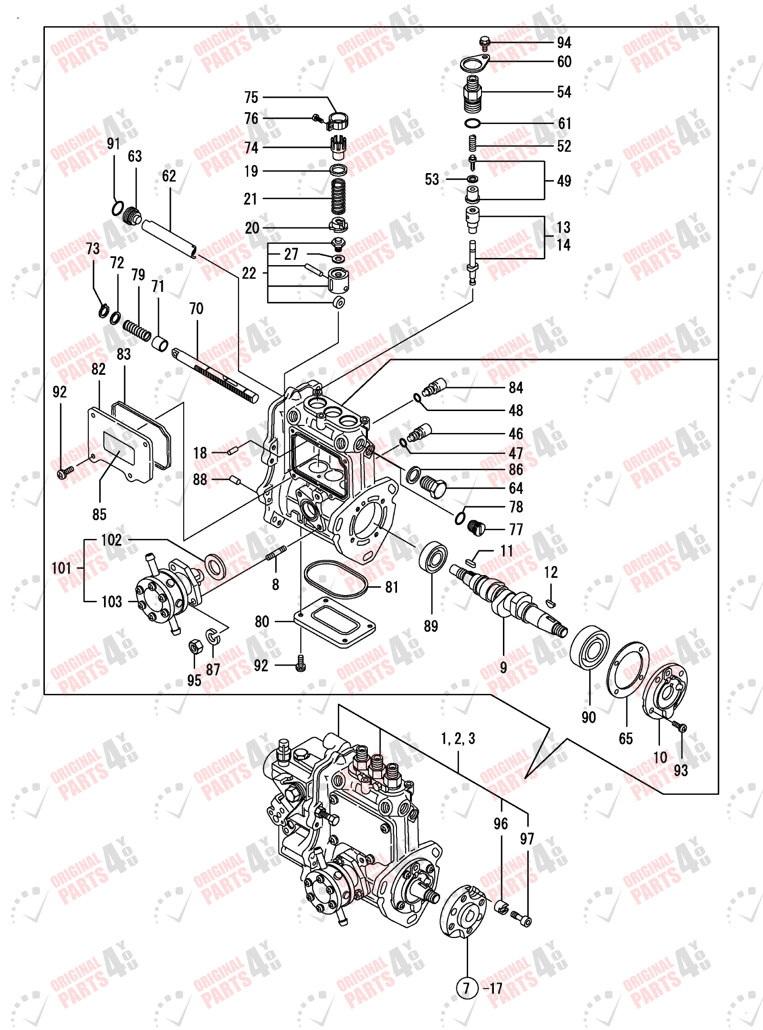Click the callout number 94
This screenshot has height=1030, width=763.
pyautogui.click(x=564, y=43)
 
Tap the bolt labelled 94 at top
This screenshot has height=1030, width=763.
pyautogui.click(x=484, y=43)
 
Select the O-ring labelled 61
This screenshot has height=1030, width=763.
pyautogui.click(x=472, y=124)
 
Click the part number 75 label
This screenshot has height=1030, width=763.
pyautogui.click(x=251, y=98)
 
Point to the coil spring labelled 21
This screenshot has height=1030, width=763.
pyautogui.click(x=338, y=197)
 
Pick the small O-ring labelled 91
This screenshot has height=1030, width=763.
pyautogui.click(x=117, y=208)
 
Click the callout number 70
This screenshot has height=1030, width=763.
pyautogui.click(x=196, y=309)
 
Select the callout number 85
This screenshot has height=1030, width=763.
pyautogui.click(x=99, y=515)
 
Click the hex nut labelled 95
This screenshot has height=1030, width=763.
pyautogui.click(x=195, y=647)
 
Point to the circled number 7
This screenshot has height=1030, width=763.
pyautogui.click(x=467, y=988)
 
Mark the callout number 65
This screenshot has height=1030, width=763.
pyautogui.click(x=626, y=739)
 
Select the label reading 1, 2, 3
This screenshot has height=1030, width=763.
pyautogui.click(x=458, y=739)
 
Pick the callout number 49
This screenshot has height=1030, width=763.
pyautogui.click(x=564, y=181)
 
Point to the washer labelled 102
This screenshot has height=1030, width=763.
pyautogui.click(x=216, y=566)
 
